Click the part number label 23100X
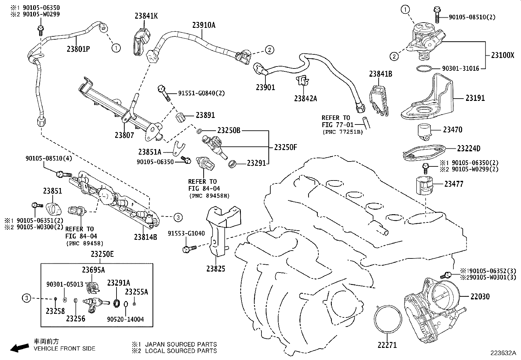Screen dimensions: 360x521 tap(503, 55)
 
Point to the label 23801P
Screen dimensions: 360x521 tap(78, 49)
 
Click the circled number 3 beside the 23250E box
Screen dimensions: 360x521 tap(27, 298)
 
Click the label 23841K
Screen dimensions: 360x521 tap(146, 16)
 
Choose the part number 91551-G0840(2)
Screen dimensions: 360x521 tap(202, 93)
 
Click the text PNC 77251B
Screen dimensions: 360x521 tap(343, 132)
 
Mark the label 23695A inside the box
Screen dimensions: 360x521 tap(93, 270)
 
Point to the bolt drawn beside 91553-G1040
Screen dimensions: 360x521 tap(189, 249)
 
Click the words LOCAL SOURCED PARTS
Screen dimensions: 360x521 tap(181, 351)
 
